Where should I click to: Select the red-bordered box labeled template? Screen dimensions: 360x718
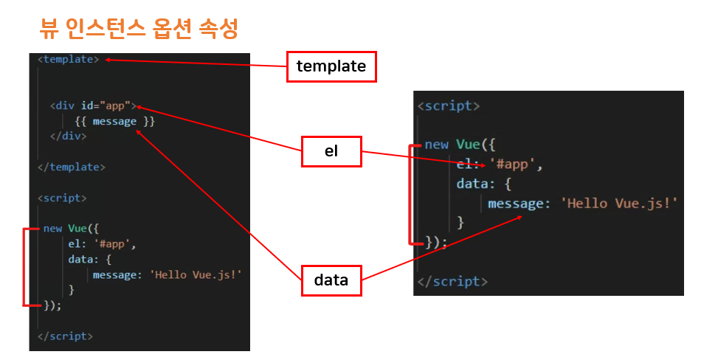click(x=331, y=66)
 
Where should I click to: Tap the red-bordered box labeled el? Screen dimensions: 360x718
click(x=331, y=151)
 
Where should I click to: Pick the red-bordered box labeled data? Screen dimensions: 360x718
click(x=331, y=280)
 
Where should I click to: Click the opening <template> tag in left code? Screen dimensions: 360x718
click(x=68, y=59)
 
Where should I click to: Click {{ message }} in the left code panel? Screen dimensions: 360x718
click(x=114, y=121)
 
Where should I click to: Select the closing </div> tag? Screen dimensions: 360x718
click(x=68, y=136)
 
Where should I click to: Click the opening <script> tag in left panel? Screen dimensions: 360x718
click(x=62, y=198)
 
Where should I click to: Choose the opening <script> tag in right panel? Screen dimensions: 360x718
click(x=448, y=105)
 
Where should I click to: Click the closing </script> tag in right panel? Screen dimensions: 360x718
click(x=452, y=281)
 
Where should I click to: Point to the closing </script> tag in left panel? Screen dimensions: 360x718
click(x=65, y=336)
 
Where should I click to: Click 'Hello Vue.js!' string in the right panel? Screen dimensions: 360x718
click(x=620, y=203)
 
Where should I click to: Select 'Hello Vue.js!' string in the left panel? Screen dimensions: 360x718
click(x=196, y=274)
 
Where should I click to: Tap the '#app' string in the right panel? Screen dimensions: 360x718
click(x=515, y=164)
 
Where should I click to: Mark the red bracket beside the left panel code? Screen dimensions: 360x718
click(x=25, y=266)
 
